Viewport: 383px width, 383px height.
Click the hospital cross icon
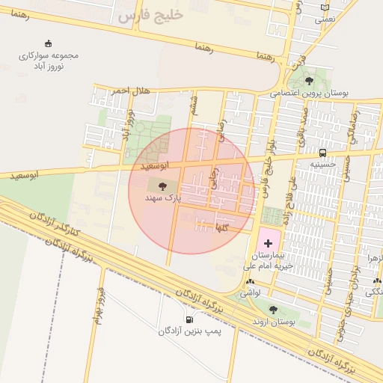(x=268, y=243)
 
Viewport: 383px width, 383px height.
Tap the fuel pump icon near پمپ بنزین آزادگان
(x=187, y=319)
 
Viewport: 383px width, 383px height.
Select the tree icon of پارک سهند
(x=163, y=184)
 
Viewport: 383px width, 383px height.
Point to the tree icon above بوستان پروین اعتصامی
(x=310, y=81)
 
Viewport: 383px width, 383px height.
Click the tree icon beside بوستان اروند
(x=272, y=309)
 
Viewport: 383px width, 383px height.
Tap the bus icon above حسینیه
(x=322, y=152)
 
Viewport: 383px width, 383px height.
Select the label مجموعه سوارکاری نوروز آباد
(x=49, y=61)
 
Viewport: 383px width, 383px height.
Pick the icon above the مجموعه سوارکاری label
(x=49, y=43)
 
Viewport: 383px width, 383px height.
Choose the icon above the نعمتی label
(x=324, y=8)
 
